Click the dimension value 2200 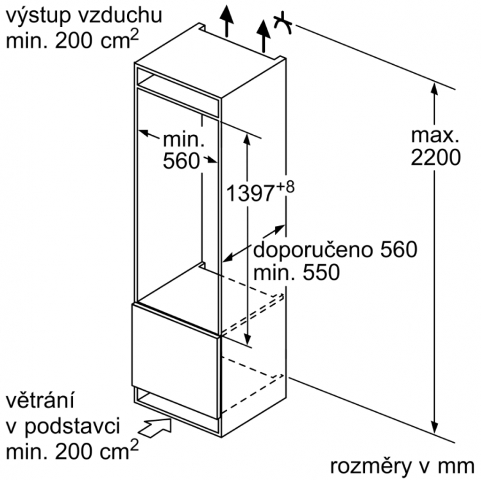pos(435,158)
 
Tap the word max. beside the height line pos(435,135)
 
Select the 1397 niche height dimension pos(249,193)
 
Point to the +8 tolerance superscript pos(285,187)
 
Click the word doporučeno pos(313,250)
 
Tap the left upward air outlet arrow pos(226,21)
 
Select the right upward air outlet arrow pos(263,36)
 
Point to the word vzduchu pos(120,15)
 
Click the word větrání pos(40,401)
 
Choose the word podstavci pos(72,427)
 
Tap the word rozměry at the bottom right pos(370,467)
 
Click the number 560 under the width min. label pos(181,161)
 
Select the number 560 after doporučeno pos(399,250)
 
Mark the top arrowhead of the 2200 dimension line pos(434,89)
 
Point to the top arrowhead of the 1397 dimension pos(247,139)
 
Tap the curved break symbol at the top pos(283,23)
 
